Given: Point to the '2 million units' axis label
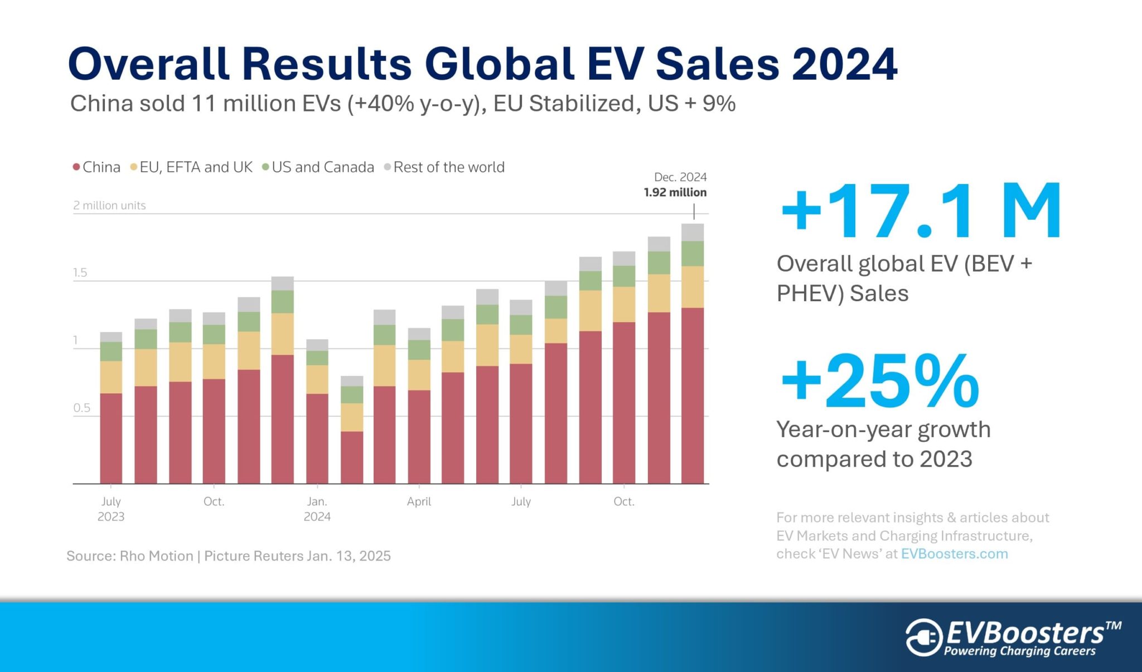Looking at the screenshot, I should [109, 205].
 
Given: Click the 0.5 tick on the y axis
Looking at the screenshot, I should [81, 408].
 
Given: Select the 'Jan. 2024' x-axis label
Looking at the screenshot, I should [317, 509].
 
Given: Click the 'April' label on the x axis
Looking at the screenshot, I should [419, 501].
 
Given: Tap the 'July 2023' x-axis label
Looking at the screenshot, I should [111, 509].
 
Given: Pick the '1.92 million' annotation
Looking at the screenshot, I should [675, 192].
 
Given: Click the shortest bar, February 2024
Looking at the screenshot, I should [351, 435].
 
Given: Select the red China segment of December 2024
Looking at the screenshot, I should [692, 396].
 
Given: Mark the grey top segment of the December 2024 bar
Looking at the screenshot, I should [692, 232].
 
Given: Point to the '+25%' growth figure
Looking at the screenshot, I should [880, 382].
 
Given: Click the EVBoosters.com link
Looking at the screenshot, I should [954, 554].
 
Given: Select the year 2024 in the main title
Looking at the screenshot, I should [844, 64].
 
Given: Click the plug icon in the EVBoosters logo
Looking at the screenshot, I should [923, 637].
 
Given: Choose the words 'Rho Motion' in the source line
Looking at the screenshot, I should [157, 556].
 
